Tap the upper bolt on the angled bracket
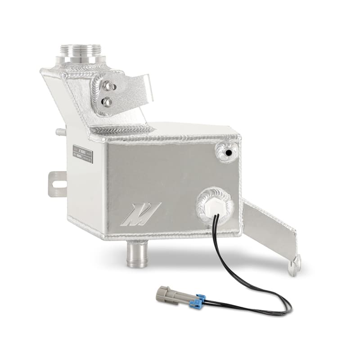pyautogui.click(x=108, y=86)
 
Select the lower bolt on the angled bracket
pyautogui.click(x=108, y=102)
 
